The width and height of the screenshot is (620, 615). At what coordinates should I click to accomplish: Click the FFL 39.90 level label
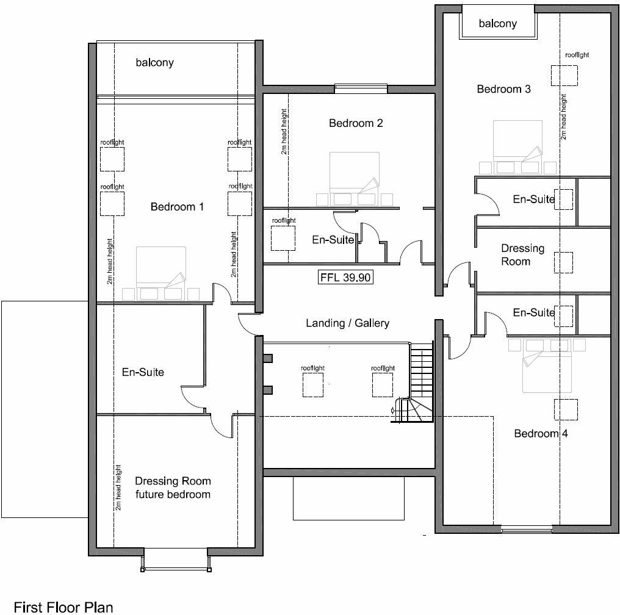point(346,278)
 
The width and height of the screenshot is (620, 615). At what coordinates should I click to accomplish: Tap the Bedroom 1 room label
point(177,207)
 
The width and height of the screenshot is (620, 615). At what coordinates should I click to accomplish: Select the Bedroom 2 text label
point(356,123)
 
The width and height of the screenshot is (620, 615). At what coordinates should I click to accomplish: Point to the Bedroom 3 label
point(503,89)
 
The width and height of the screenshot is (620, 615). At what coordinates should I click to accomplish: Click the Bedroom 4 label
point(536,434)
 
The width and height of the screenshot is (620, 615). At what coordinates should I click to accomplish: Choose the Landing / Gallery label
point(347,323)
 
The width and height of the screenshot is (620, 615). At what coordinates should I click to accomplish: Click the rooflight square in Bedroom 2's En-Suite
point(283,238)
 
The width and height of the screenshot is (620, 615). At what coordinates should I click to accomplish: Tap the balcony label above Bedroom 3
point(497,24)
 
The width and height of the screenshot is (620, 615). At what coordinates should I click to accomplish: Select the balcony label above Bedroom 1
point(154,62)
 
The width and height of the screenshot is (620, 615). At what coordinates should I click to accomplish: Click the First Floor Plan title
point(64,606)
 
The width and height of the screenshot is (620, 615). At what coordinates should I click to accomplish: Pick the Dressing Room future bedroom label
point(173,487)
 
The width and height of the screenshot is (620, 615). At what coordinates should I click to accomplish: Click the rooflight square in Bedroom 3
point(564,75)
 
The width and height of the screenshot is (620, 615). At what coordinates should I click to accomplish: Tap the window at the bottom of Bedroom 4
point(526,528)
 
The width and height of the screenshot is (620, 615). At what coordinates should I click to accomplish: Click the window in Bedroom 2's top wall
point(361,90)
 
